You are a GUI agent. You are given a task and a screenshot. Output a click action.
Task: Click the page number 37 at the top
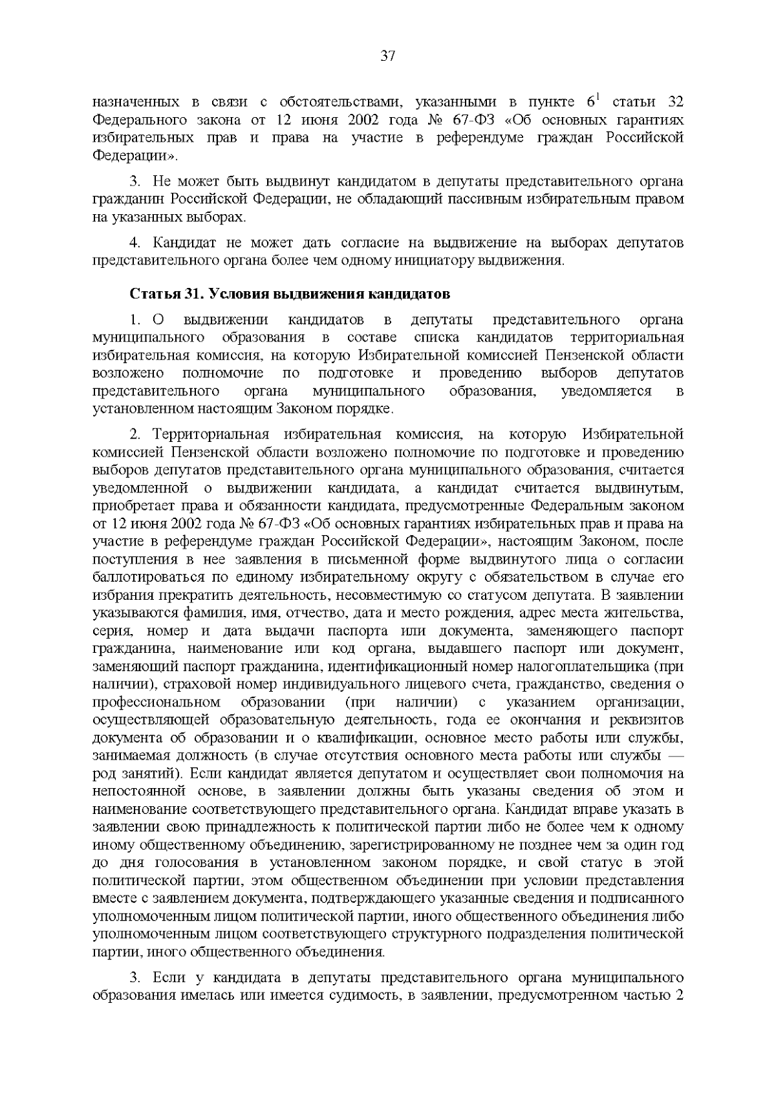click(x=388, y=56)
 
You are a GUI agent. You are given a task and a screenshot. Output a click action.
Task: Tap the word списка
click(x=436, y=338)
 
